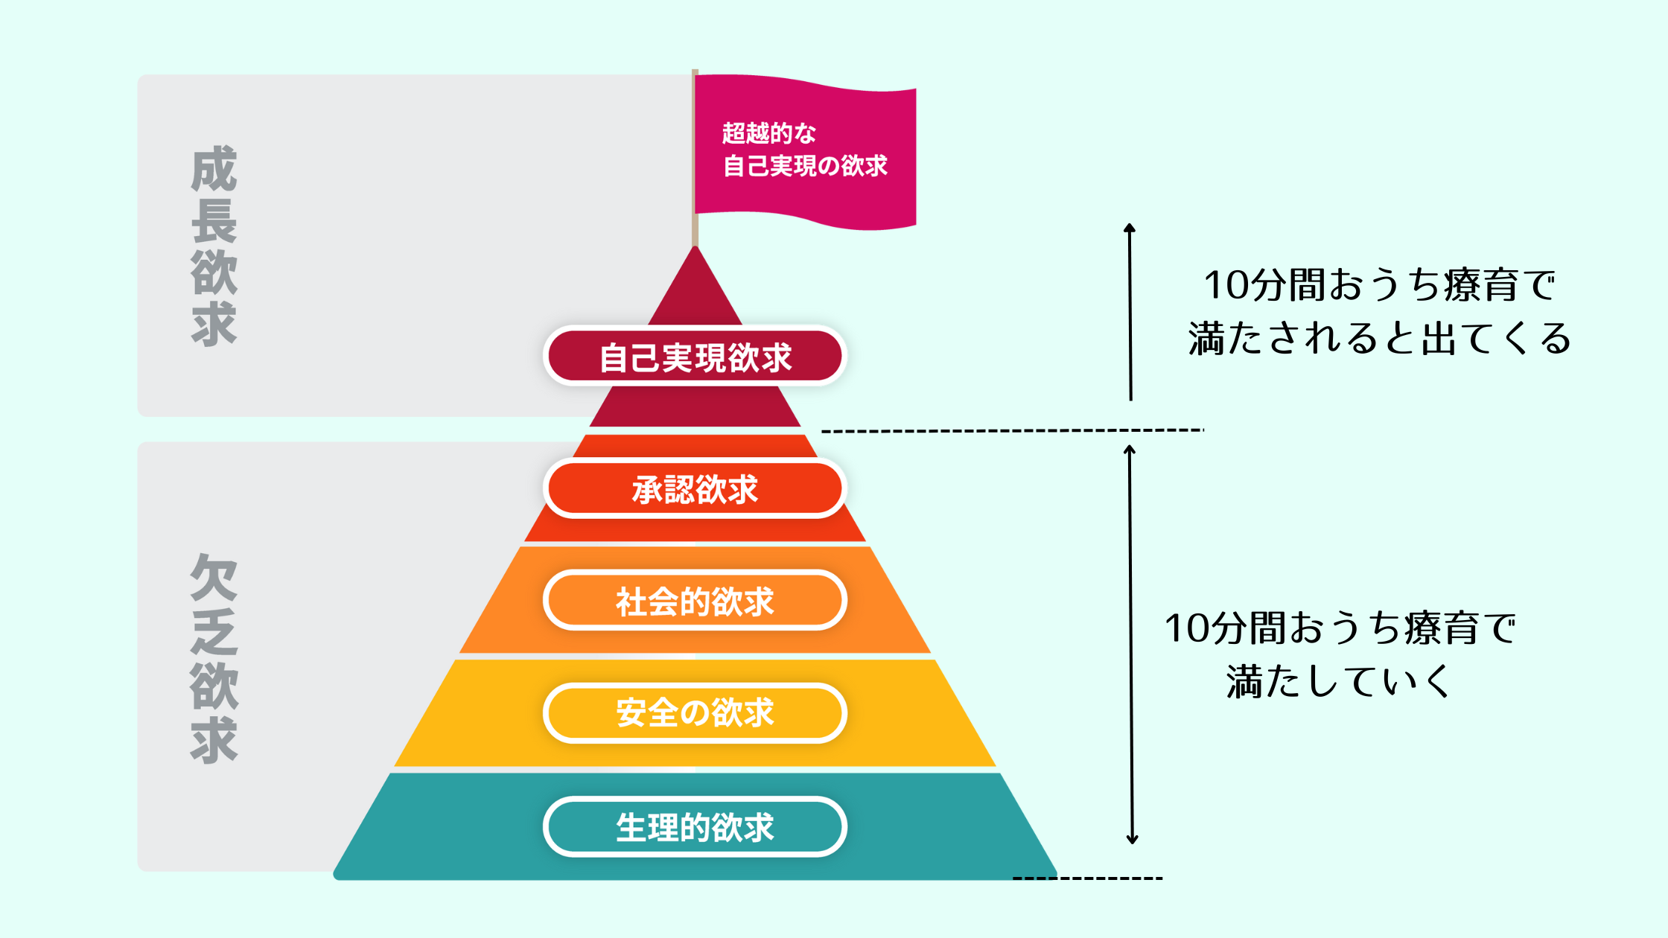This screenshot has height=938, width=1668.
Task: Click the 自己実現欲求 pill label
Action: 695,357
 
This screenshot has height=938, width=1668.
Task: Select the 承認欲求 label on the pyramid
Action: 695,489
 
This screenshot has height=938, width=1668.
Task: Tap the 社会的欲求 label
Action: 695,601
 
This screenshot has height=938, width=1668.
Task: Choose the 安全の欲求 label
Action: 695,712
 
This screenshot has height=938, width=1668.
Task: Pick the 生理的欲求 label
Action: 695,826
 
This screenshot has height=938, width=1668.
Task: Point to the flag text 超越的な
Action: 769,133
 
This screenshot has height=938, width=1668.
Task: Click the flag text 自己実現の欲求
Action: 805,165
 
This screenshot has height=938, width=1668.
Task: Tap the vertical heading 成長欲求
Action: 214,246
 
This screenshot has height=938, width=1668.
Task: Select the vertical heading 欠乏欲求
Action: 214,658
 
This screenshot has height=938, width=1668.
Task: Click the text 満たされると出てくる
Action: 1379,339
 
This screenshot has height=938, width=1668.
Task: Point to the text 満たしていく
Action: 1338,681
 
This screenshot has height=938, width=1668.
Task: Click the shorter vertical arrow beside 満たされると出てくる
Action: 1130,313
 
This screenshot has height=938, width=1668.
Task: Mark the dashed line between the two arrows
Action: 1013,430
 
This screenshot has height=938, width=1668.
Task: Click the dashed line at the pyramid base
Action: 1087,878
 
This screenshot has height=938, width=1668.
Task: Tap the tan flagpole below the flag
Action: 695,231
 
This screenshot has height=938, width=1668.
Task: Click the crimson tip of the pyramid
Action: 695,290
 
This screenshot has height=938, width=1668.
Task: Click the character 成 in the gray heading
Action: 214,169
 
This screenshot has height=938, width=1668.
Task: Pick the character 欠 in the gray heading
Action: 214,577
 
